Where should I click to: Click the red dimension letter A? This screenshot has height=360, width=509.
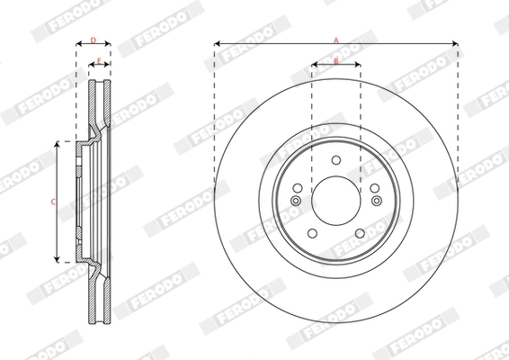[336, 40]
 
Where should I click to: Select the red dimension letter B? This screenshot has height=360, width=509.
[335, 61]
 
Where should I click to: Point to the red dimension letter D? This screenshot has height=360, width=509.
[93, 40]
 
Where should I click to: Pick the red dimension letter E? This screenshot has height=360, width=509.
[99, 61]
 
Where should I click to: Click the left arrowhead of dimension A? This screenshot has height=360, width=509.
[218, 43]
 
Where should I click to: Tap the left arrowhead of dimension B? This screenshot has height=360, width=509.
[315, 65]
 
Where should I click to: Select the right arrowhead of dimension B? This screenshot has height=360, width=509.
[358, 65]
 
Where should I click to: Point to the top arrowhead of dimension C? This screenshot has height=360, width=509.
[59, 143]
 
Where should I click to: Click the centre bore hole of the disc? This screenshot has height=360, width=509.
[336, 197]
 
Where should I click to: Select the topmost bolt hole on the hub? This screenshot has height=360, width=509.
[336, 159]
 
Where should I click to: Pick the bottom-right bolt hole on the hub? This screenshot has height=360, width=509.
[359, 233]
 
